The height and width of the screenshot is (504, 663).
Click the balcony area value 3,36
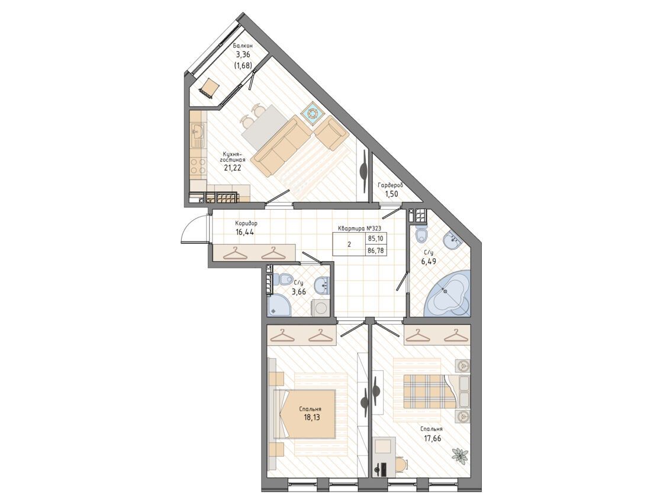[243, 54]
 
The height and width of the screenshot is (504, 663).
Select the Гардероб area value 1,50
[391, 194]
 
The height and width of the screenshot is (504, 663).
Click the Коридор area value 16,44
[245, 232]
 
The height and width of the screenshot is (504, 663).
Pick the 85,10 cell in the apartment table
[375, 239]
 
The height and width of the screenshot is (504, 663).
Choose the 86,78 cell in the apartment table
[375, 250]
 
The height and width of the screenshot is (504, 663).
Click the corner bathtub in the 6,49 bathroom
[448, 293]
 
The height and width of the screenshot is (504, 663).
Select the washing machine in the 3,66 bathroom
[319, 307]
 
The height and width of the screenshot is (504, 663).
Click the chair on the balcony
[208, 88]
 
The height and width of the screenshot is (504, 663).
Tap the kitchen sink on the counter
[198, 133]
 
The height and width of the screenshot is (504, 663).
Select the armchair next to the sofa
[332, 134]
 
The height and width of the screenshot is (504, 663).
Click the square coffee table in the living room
[313, 113]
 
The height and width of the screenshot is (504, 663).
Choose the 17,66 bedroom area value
[432, 438]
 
